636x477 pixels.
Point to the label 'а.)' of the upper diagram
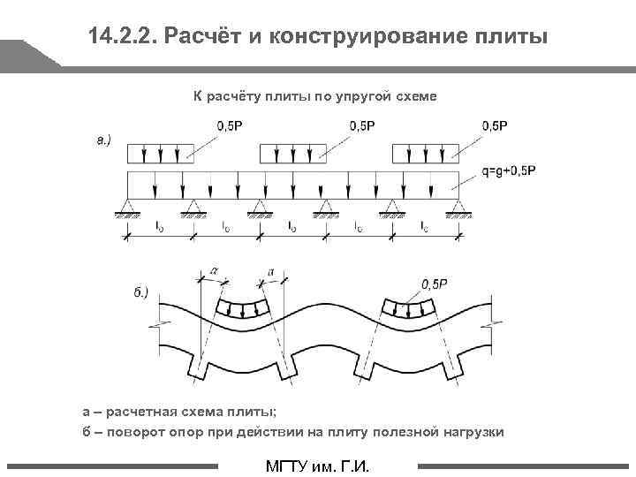pyautogui.click(x=103, y=140)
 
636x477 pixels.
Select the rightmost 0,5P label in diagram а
pyautogui.click(x=495, y=126)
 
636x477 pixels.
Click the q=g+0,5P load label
pyautogui.click(x=503, y=171)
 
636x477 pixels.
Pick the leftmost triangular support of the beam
pyautogui.click(x=127, y=208)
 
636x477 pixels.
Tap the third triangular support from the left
pyautogui.click(x=259, y=208)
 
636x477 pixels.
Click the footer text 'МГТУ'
pyautogui.click(x=291, y=466)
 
